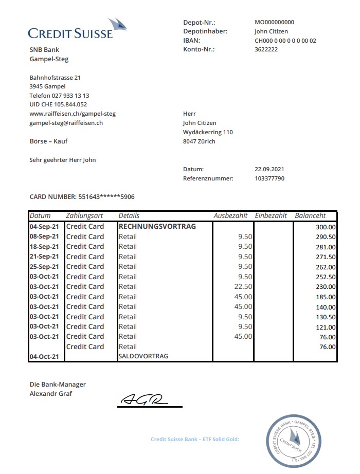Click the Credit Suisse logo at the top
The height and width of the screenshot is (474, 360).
pos(77,30)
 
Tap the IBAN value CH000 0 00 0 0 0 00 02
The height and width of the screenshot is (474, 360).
pos(285,41)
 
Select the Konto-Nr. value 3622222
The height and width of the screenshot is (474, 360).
pos(266,49)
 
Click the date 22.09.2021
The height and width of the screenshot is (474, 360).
pos(269,169)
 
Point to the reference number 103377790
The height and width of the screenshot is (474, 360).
pos(269,178)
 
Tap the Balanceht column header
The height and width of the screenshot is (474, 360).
pos(310,216)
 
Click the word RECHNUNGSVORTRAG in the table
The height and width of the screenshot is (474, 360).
pos(157,226)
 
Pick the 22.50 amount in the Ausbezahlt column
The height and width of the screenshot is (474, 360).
pos(243,286)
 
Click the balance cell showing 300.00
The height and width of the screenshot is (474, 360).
pos(326,227)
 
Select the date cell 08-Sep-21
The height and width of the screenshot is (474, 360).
pos(44,236)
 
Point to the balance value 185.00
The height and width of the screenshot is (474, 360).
pos(326,297)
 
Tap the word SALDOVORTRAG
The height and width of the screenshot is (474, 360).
pos(143,356)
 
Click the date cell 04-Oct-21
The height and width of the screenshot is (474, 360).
pos(44,356)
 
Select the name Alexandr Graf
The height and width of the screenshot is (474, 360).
pos(51,394)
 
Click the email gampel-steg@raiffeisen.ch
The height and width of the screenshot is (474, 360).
pos(66,123)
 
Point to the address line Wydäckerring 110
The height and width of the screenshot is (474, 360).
pos(208,132)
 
